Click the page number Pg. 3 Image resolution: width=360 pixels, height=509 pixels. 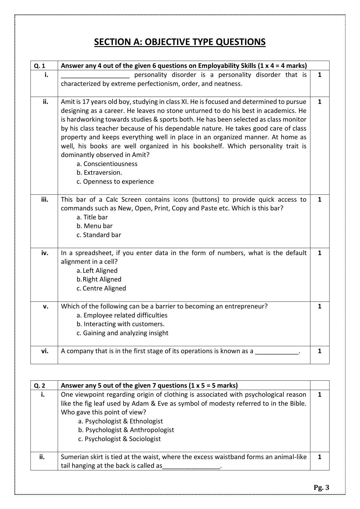tap(321, 487)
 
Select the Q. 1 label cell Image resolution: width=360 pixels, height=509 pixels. tap(40, 66)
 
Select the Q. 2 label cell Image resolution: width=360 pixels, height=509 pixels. tap(40, 386)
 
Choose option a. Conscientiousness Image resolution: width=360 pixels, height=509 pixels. tap(107, 164)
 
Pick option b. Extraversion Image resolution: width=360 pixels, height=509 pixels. tap(99, 173)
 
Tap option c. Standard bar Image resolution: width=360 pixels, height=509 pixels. tap(99, 235)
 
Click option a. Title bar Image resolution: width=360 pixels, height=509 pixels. tap(92, 217)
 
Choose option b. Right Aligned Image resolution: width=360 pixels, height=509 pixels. tap(99, 279)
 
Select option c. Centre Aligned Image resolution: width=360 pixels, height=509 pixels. tap(101, 288)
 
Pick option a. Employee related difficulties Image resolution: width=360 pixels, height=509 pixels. tap(122, 315)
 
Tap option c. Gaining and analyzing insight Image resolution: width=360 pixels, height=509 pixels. tap(122, 333)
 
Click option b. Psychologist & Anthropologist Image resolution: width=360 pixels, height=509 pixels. tap(126, 430)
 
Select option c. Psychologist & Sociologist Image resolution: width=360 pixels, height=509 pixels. tap(119, 439)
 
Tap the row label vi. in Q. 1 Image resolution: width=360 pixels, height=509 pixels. tap(45, 351)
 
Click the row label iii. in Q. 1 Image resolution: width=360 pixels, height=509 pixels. tap(45, 200)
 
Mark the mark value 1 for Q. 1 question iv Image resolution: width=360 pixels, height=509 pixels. tap(319, 253)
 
